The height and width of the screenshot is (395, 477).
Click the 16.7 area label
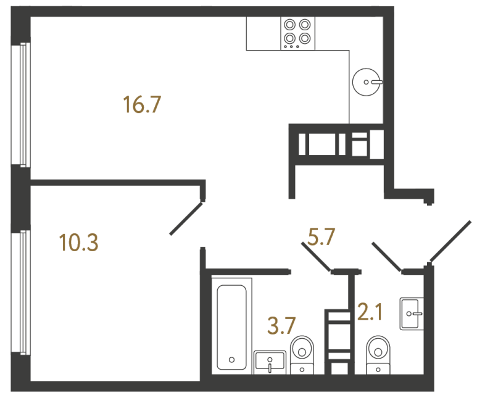[142, 105]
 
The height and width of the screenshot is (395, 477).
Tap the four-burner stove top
[297, 33]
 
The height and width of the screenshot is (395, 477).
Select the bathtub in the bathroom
[231, 325]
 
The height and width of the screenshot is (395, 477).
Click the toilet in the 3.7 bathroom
[302, 351]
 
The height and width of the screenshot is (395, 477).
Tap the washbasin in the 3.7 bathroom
[270, 362]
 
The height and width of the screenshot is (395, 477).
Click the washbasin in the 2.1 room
[412, 314]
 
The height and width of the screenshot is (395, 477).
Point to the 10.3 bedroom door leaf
[186, 218]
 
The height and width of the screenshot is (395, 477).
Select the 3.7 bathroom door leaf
[317, 257]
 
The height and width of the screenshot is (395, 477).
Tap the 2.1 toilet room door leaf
[388, 257]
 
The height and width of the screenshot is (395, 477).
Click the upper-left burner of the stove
[290, 25]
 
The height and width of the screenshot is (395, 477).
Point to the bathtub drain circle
[231, 360]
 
